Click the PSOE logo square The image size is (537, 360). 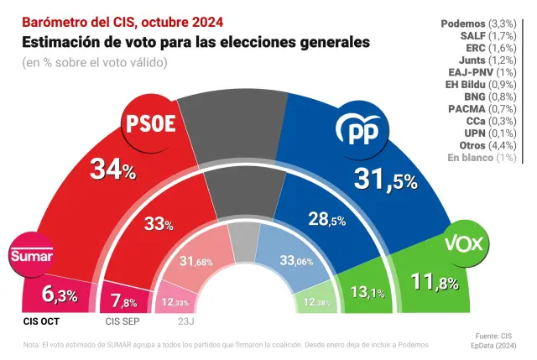click(x=150, y=124)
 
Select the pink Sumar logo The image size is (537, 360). click(x=31, y=256)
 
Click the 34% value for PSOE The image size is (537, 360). click(x=112, y=171)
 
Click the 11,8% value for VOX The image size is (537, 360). click(x=433, y=282)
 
